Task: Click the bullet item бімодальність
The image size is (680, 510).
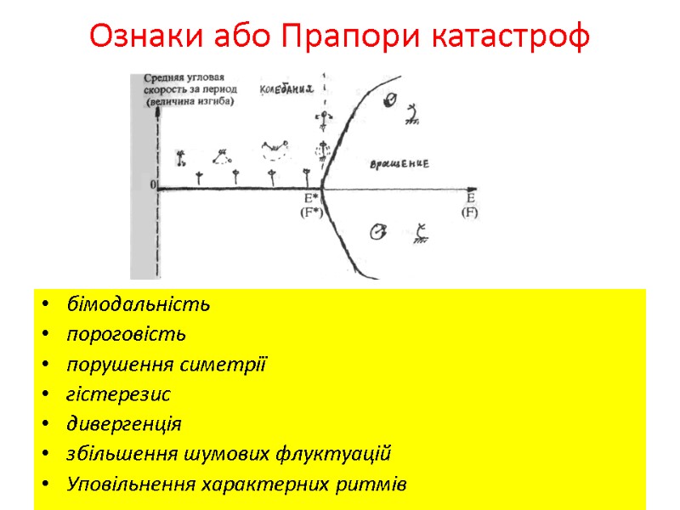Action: click(139, 304)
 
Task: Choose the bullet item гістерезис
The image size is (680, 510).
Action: click(118, 394)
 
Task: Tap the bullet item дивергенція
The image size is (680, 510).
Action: click(124, 424)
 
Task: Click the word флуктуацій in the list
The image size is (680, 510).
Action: click(345, 454)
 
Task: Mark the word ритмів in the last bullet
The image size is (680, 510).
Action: click(375, 484)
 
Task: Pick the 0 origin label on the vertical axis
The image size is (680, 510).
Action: click(153, 184)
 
